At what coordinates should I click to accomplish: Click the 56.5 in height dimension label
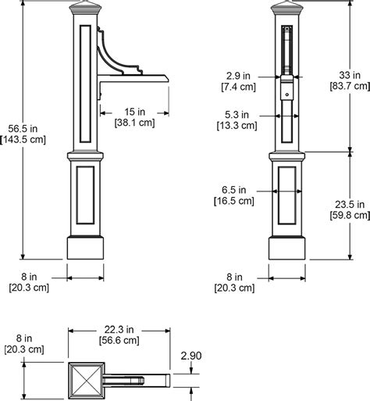click(23, 129)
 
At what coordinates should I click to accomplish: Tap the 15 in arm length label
click(134, 112)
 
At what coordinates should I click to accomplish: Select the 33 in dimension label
click(350, 75)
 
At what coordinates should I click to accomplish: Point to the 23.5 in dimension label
click(350, 205)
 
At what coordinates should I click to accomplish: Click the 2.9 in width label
click(238, 76)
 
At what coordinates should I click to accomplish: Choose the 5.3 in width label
click(237, 115)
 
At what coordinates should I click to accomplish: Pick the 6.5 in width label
click(233, 190)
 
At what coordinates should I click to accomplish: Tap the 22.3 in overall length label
click(119, 330)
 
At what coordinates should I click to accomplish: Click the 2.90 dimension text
click(191, 356)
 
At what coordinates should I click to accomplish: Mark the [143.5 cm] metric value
click(23, 140)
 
